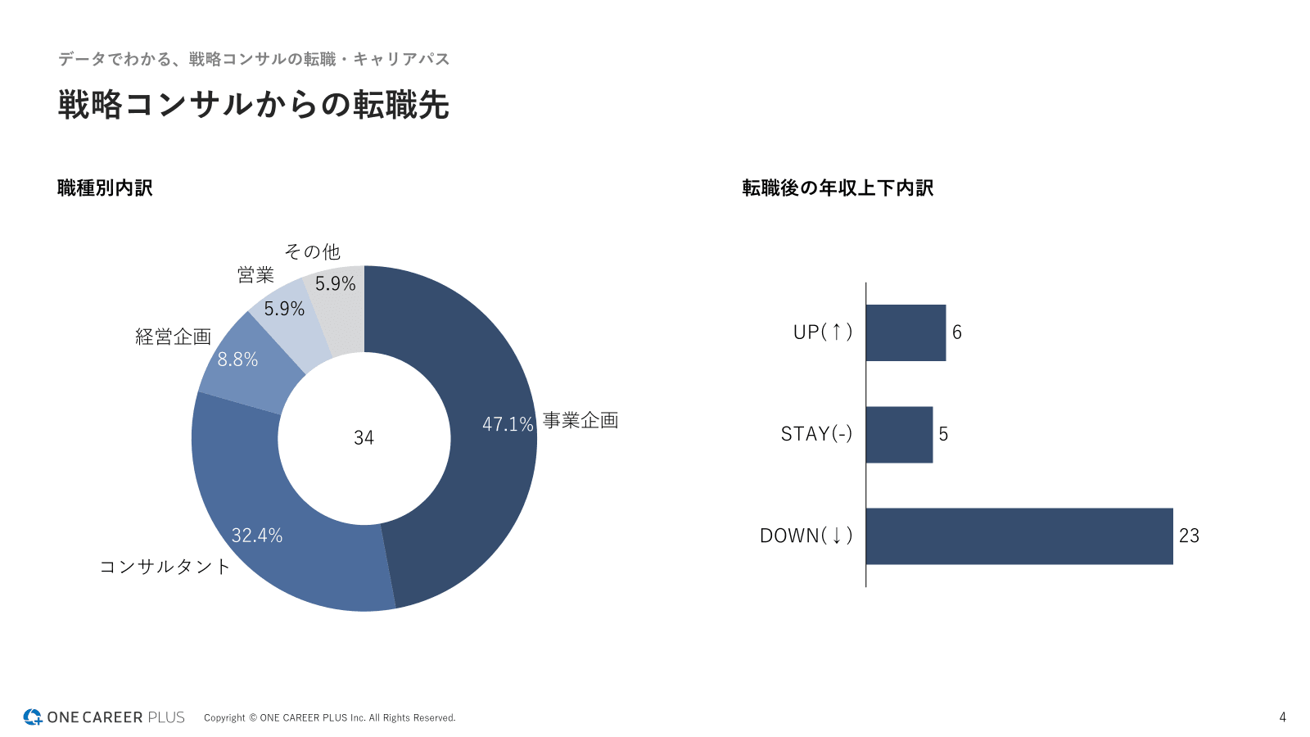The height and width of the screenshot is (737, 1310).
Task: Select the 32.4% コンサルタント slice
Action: (278, 524)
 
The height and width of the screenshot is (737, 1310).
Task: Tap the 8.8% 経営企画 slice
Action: (242, 364)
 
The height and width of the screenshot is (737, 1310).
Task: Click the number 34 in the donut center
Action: (364, 438)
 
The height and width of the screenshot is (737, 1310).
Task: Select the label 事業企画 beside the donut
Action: (580, 421)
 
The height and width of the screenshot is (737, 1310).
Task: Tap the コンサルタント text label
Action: (165, 567)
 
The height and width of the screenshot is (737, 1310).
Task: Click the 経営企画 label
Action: (173, 337)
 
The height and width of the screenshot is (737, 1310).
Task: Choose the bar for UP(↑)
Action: (906, 332)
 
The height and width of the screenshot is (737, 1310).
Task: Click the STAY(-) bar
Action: (899, 435)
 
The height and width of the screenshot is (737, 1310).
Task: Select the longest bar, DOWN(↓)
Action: (1019, 536)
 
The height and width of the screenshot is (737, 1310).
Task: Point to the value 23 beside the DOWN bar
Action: (1189, 536)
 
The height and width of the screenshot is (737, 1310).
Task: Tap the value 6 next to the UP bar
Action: (956, 332)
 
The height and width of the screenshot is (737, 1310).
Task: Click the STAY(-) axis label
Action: (816, 434)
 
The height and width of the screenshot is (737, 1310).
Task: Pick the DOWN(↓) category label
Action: (806, 536)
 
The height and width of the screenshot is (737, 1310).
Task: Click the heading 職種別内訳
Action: (105, 188)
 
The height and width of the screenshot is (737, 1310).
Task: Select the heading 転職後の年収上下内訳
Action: (838, 188)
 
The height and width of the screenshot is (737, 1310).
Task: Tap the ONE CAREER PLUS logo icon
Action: (33, 717)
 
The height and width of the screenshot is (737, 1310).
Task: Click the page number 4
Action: (1282, 717)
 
